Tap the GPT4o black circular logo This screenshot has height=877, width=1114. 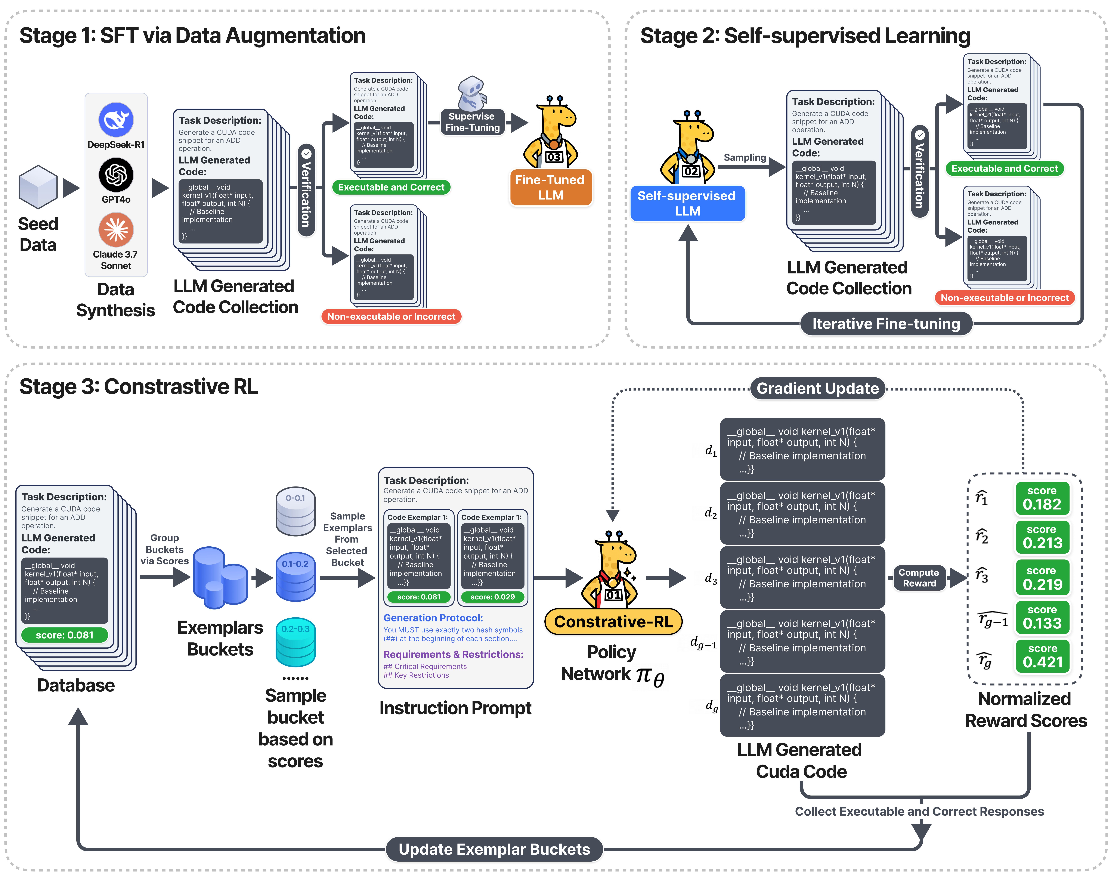tap(116, 175)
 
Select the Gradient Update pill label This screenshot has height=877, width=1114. tap(818, 388)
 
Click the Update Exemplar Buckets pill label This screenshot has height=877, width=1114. tap(494, 849)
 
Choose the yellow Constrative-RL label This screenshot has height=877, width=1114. tap(613, 622)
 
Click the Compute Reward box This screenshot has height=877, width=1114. tap(919, 578)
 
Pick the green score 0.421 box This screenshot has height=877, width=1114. tap(1042, 656)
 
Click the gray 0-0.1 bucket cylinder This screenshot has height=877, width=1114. tap(296, 511)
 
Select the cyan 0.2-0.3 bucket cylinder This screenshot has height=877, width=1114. tap(296, 642)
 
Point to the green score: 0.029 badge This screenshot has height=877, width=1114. tap(493, 597)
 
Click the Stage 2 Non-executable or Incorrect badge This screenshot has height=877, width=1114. tap(1005, 298)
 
